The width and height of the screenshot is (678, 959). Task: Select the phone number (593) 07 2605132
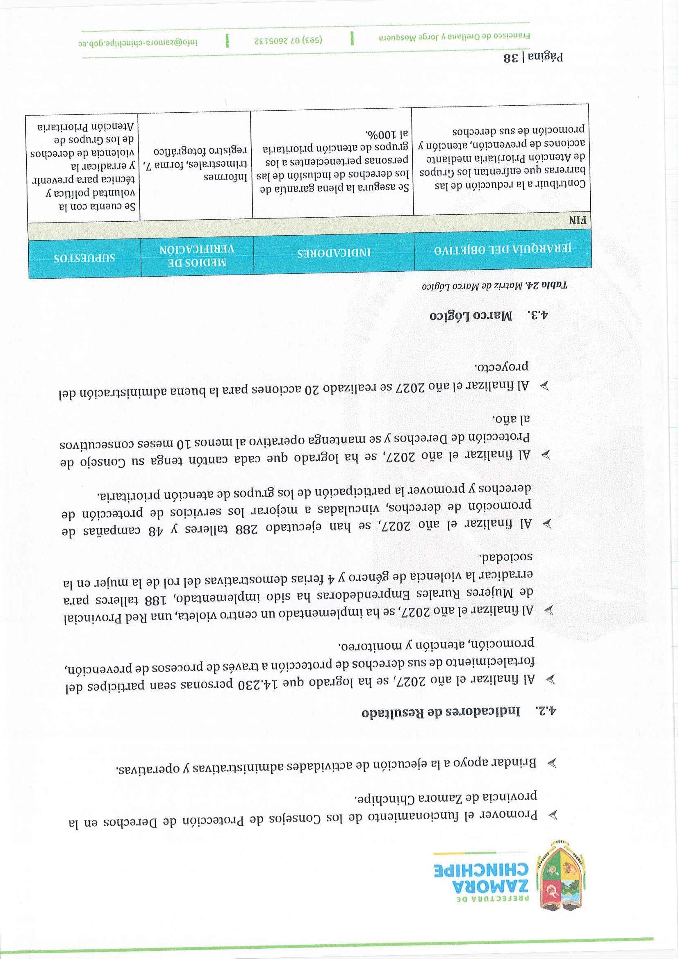[290, 42]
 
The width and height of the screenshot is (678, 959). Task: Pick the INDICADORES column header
[334, 253]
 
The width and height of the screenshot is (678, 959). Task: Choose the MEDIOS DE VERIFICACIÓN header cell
[197, 257]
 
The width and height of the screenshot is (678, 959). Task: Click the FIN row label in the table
[578, 221]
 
